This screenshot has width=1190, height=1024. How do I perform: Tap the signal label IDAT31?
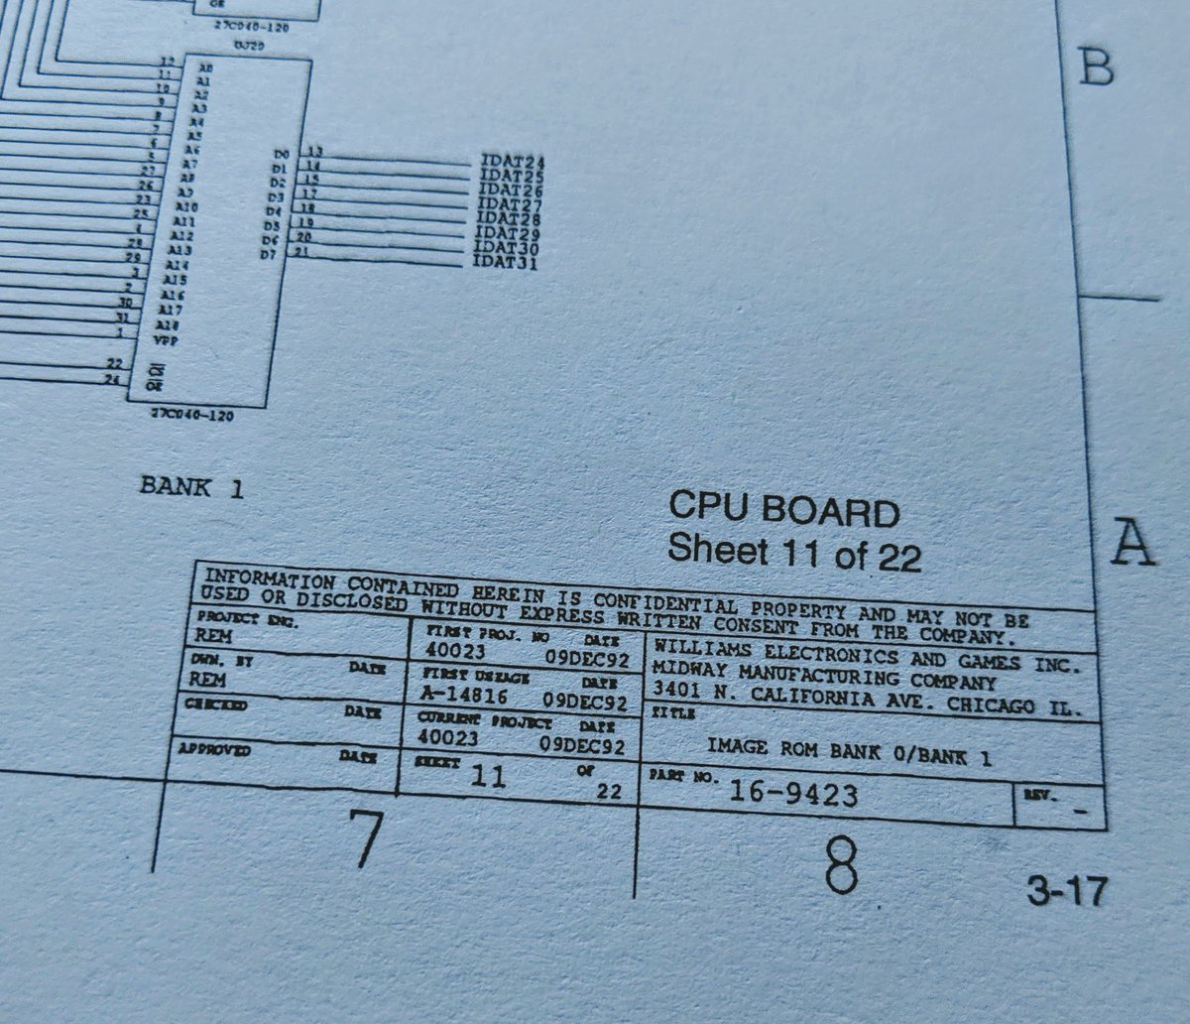tap(505, 263)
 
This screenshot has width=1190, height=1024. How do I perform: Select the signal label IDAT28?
tap(509, 219)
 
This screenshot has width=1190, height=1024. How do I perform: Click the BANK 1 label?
tap(191, 487)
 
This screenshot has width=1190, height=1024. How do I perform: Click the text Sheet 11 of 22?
tap(794, 552)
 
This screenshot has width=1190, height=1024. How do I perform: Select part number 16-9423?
tap(793, 794)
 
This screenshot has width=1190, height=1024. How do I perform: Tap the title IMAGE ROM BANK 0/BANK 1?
tap(849, 750)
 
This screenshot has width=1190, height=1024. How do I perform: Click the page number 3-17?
tap(1066, 892)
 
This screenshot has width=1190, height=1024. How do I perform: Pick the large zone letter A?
tap(1131, 542)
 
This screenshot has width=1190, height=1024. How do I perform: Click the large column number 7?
tap(364, 838)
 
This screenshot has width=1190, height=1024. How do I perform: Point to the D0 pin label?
tap(281, 155)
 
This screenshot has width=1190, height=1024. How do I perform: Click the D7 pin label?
tap(267, 255)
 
